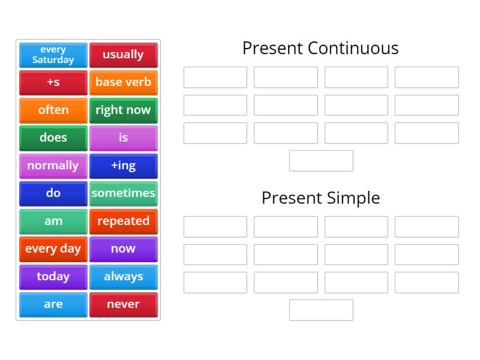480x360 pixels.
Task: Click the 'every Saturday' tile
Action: tap(53, 55)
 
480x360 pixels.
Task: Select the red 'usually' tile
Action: tap(123, 55)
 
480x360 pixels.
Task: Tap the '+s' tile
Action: tap(53, 82)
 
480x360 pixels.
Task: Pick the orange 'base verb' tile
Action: tap(123, 82)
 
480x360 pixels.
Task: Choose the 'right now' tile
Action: tap(123, 110)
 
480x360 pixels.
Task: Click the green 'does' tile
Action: tap(53, 137)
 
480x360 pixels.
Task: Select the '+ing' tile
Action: tap(123, 166)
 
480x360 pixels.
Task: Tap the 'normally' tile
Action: tap(53, 166)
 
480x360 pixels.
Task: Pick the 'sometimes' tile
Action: tap(123, 193)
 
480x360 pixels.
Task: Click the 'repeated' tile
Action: tap(123, 221)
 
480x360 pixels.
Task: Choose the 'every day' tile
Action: tap(53, 248)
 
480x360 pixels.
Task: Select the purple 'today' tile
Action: tap(53, 277)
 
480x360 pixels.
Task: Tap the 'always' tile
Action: tap(123, 277)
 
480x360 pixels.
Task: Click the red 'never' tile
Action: tap(123, 304)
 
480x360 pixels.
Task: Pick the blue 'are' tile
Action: tap(53, 304)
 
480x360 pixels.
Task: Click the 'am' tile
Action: tap(53, 221)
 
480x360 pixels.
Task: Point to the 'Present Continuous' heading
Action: tap(320, 48)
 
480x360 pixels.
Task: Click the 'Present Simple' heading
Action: tap(320, 197)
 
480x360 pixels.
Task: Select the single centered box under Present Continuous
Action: tap(321, 161)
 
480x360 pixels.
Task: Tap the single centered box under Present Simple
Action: tap(321, 310)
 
